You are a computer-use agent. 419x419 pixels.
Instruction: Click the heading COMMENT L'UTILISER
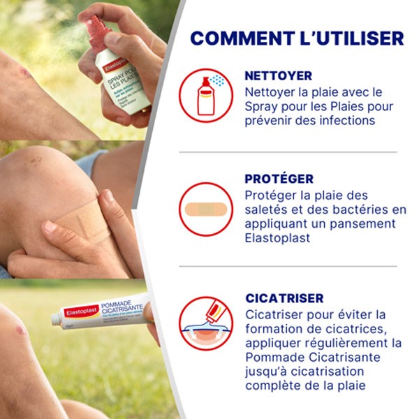(x=296, y=38)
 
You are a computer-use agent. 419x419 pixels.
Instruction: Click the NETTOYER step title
(x=278, y=76)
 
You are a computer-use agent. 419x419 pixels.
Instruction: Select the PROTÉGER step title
(x=279, y=179)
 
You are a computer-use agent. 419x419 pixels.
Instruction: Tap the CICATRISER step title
(x=284, y=298)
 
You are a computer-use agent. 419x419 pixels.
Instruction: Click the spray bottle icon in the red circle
(x=205, y=94)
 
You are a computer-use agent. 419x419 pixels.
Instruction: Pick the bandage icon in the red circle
(x=205, y=209)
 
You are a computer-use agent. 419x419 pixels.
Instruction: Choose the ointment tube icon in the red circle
(x=205, y=322)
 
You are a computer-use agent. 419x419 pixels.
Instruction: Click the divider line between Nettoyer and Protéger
(x=287, y=152)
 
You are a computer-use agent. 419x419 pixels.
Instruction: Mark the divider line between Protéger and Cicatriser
(x=287, y=266)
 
